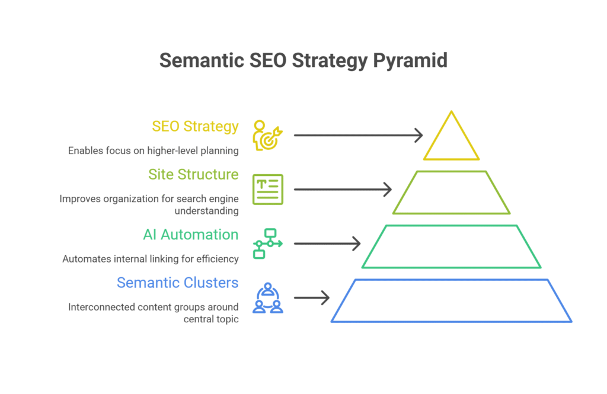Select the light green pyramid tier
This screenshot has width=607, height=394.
452,193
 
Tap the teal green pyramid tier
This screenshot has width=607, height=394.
452,246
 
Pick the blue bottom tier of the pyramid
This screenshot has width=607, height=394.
452,300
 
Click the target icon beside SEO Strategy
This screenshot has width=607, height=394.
268,135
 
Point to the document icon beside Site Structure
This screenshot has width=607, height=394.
268,190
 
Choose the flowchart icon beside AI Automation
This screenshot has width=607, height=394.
268,244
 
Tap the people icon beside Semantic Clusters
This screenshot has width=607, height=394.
268,298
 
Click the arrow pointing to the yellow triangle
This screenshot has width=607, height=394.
358,135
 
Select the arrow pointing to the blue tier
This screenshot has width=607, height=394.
312,297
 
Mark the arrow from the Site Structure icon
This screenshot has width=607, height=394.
343,190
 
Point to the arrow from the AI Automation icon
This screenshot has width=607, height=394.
327,244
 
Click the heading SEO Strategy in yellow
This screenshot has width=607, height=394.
195,126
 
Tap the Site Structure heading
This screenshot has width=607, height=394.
193,174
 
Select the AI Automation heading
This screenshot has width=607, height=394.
191,235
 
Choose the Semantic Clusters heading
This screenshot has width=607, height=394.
178,283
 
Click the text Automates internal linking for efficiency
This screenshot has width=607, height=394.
151,259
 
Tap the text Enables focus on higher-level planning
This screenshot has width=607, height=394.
154,150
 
